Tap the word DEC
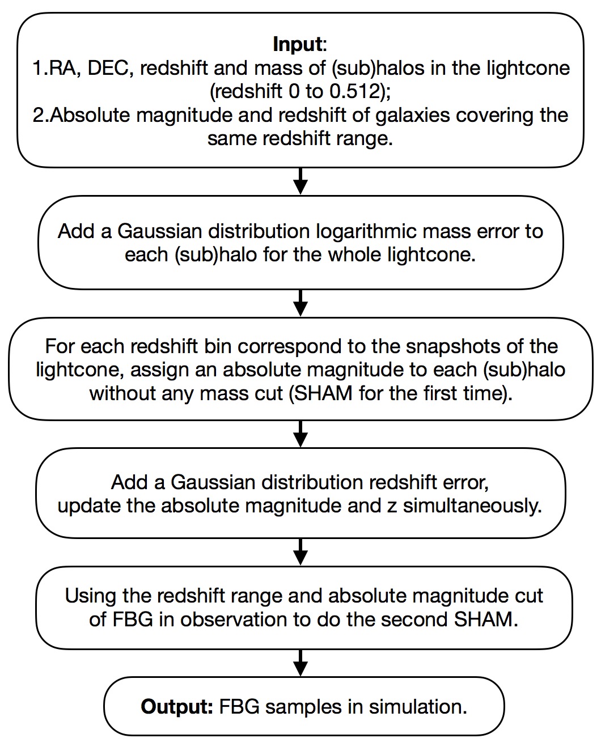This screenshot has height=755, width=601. (x=109, y=67)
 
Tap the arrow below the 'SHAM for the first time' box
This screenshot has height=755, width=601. (x=301, y=434)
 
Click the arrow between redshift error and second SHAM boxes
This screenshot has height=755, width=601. (x=301, y=552)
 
